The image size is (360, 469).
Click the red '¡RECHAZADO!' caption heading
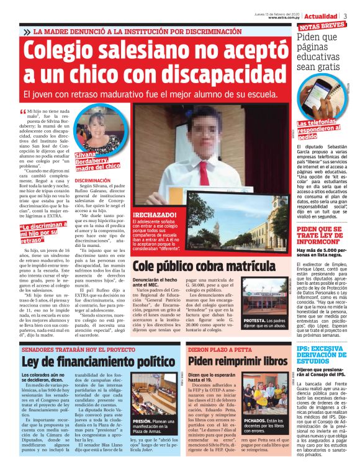tap(153, 215)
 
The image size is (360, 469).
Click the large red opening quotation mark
tap(23, 112)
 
